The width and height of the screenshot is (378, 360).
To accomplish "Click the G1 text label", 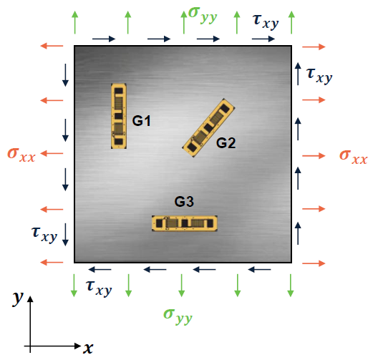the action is click(141, 121).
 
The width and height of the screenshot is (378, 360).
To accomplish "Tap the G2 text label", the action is click(226, 142).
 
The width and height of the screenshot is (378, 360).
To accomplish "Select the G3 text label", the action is click(184, 201).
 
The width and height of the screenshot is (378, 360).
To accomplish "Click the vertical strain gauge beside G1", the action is click(119, 116).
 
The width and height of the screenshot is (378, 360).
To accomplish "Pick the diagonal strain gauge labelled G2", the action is click(208, 127).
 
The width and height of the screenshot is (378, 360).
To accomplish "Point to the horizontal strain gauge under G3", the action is click(185, 223).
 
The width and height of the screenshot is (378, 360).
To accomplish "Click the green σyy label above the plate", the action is click(203, 15).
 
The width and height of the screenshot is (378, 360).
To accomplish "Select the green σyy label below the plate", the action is click(178, 316).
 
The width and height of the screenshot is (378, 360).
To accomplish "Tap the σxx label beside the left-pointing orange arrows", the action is click(21, 154).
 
